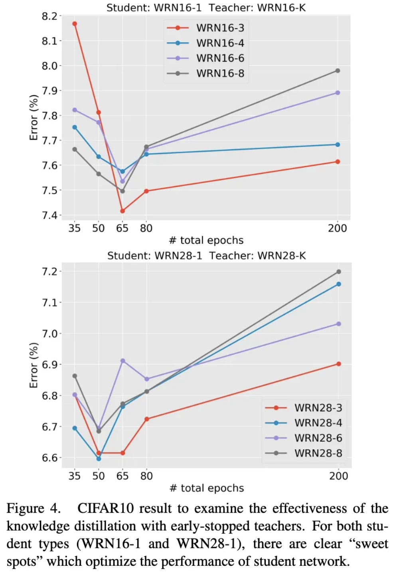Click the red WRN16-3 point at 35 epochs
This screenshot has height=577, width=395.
pyautogui.click(x=75, y=24)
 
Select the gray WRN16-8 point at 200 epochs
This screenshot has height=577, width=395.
pyautogui.click(x=338, y=71)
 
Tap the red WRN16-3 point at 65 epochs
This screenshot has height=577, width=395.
pyautogui.click(x=122, y=211)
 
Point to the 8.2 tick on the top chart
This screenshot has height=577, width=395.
pyautogui.click(x=49, y=16)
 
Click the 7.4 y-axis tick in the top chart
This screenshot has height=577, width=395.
pyautogui.click(x=49, y=215)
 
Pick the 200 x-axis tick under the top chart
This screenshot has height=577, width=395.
pyautogui.click(x=338, y=228)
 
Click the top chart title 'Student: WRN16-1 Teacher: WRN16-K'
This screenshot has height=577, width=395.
pyautogui.click(x=206, y=8)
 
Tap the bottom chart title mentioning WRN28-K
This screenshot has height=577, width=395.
pyautogui.click(x=206, y=256)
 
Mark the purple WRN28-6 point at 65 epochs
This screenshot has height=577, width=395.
pyautogui.click(x=123, y=361)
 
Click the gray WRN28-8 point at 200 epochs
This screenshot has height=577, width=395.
pyautogui.click(x=339, y=272)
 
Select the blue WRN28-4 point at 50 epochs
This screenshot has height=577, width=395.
pyautogui.click(x=99, y=459)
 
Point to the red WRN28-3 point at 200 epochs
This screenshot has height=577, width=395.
pyautogui.click(x=339, y=364)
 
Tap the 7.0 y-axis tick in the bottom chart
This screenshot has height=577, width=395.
pyautogui.click(x=49, y=334)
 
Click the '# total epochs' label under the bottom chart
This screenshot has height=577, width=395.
pyautogui.click(x=207, y=488)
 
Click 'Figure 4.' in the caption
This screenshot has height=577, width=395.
pyautogui.click(x=34, y=509)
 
